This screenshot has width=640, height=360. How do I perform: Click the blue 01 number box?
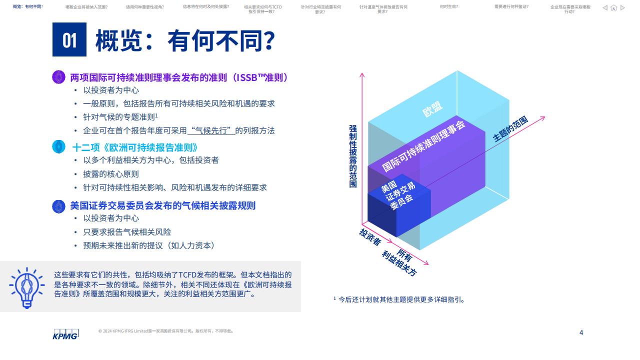69,39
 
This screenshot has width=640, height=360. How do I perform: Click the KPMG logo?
65,334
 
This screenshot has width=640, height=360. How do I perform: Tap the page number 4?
581,332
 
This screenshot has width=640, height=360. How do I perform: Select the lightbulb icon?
27,287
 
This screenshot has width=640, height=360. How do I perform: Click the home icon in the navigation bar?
613,8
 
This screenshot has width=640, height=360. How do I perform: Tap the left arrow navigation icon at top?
605,8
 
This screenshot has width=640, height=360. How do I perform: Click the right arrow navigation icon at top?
622,8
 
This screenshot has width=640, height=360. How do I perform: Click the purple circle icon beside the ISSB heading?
59,77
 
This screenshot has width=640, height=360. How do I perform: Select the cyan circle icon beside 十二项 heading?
59,146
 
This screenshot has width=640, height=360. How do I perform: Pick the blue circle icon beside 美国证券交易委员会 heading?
59,206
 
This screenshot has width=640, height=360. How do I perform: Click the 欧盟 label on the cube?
432,109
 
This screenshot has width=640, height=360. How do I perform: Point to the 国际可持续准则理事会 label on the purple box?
423,146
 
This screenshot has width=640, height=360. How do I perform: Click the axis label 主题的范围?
510,129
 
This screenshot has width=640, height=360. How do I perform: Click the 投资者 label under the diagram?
370,237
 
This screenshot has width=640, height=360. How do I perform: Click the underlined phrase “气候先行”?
211,131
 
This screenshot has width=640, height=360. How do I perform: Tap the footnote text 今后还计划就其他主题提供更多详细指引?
401,299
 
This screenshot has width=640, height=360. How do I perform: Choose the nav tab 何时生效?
449,6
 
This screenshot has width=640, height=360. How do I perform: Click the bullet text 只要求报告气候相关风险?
127,232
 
